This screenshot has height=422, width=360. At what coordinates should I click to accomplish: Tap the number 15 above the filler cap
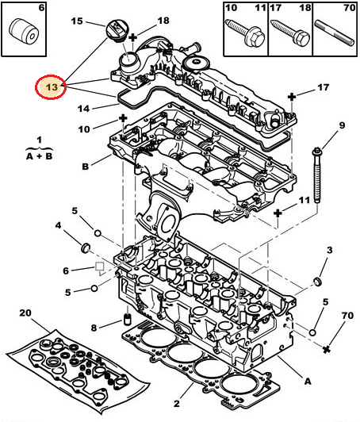(77, 22)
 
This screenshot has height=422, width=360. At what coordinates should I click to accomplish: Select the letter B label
(85, 167)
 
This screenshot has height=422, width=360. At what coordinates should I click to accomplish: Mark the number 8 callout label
(94, 328)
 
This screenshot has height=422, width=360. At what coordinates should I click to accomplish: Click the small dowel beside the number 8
(124, 325)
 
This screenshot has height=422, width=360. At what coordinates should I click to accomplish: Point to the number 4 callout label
(58, 226)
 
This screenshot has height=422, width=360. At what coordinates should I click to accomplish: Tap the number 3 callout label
(328, 251)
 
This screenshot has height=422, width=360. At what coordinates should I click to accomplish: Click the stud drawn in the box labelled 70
(334, 33)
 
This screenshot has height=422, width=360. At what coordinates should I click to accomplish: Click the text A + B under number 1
(34, 156)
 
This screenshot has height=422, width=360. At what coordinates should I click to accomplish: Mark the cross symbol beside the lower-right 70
(326, 348)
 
